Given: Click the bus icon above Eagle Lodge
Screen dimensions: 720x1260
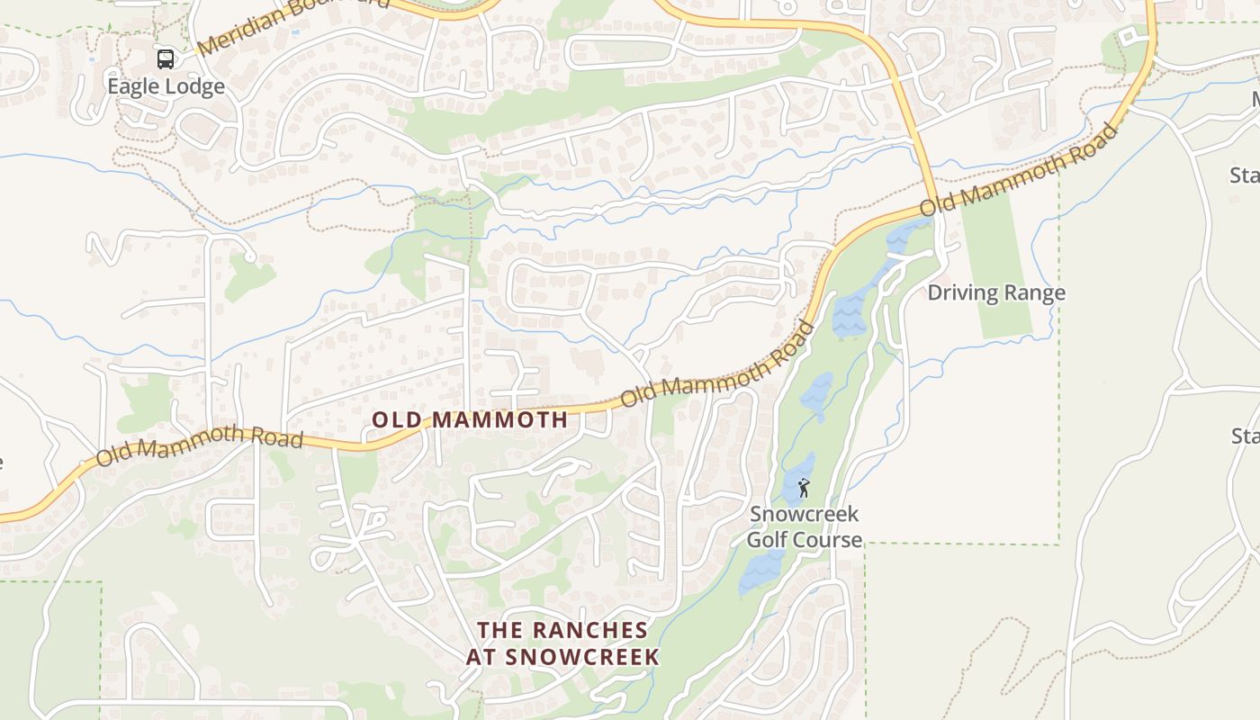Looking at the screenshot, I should (166, 59).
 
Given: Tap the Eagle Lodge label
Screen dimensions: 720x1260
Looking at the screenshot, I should (166, 86).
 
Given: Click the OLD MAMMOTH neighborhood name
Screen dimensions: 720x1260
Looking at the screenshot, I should (470, 419).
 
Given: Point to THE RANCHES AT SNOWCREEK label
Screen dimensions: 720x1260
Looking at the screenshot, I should (562, 643).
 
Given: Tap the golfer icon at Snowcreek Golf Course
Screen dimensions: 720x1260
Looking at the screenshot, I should (804, 488).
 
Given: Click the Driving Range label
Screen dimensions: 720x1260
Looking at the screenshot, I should (996, 292).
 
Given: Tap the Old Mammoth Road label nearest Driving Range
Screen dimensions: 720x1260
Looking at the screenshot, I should (1018, 170).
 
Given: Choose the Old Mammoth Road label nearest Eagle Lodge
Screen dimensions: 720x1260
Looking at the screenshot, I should (199, 445).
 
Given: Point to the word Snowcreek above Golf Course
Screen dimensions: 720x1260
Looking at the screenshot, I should (805, 514).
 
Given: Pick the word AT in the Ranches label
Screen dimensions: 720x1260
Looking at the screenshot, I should (481, 657).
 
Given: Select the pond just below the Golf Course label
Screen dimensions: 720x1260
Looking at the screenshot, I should (761, 571).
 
